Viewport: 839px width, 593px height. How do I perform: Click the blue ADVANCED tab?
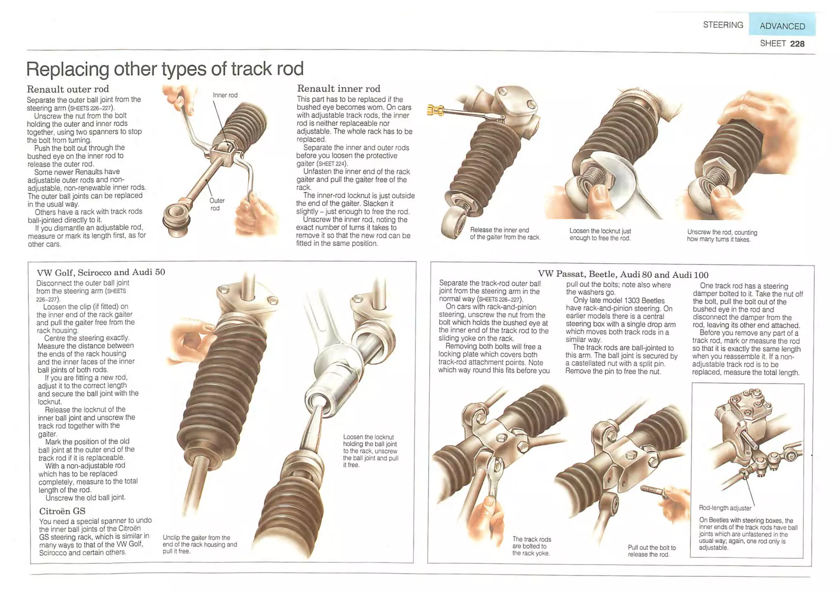(x=782, y=26)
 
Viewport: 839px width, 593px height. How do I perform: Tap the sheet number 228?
(x=797, y=44)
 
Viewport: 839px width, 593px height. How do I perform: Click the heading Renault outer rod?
(x=68, y=89)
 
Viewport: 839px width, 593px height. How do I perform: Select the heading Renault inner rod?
(x=338, y=89)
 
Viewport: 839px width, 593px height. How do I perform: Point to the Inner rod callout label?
(x=225, y=95)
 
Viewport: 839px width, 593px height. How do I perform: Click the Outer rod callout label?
(x=217, y=204)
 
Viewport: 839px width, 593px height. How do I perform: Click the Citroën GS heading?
(x=62, y=511)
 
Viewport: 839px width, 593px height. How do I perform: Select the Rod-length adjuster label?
(x=725, y=508)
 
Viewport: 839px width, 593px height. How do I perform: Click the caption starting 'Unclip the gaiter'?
(x=200, y=544)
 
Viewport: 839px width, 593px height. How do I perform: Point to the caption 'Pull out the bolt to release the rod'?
(x=651, y=551)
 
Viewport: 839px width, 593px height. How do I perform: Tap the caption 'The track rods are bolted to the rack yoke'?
(x=531, y=546)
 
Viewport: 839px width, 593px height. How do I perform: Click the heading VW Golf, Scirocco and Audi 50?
(x=101, y=272)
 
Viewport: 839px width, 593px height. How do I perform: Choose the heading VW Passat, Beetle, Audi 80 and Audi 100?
(x=623, y=274)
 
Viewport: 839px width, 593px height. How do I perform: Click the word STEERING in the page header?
(x=723, y=25)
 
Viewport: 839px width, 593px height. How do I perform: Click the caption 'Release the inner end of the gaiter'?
(x=505, y=234)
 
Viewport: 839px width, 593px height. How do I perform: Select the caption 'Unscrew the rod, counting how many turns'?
(x=722, y=236)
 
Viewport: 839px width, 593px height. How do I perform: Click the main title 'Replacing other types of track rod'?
(x=165, y=68)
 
